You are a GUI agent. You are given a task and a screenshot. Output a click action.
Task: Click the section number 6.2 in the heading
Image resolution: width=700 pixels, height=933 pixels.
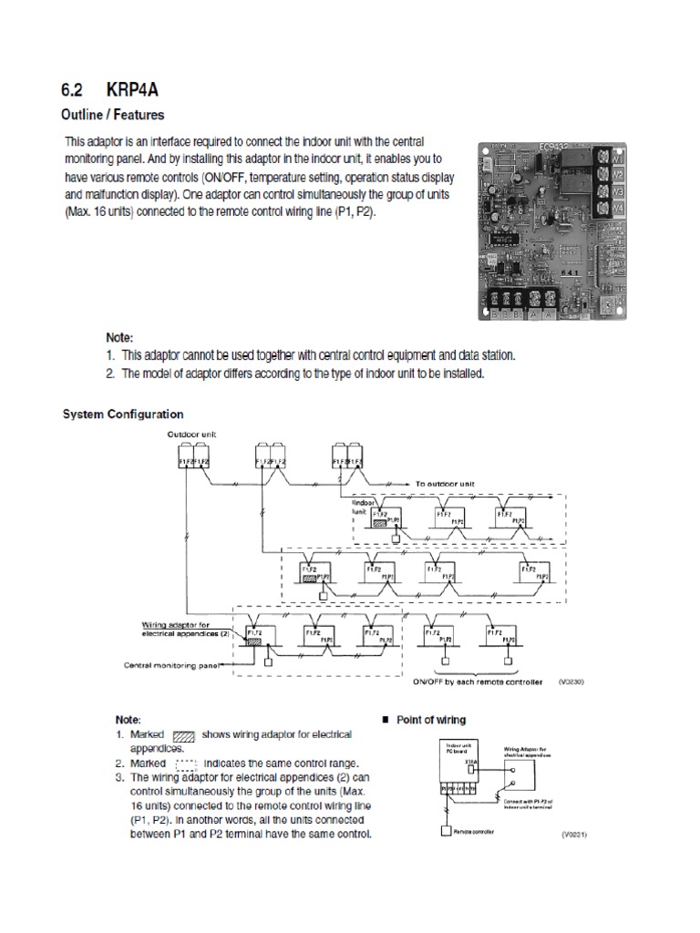pos(76,90)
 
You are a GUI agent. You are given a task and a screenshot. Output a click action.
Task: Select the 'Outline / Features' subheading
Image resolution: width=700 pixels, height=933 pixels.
pos(112,117)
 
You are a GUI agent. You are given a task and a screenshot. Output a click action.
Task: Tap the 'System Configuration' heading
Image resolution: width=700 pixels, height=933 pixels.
pos(122,414)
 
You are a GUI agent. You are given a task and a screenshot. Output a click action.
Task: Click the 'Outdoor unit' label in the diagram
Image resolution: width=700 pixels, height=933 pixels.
pos(189,435)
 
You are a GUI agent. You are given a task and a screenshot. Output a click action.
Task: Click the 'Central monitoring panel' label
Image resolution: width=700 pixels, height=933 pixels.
pos(174,664)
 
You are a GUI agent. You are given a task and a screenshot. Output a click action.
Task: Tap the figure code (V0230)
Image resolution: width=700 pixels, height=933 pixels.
pos(568,682)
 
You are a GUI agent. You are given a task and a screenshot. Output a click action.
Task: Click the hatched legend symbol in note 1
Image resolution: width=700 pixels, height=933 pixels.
pos(184,734)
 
